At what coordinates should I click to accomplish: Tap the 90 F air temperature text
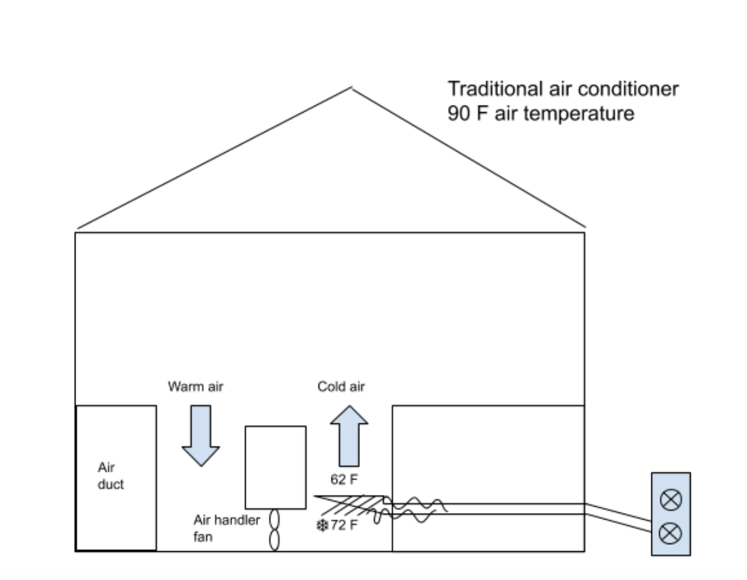pyautogui.click(x=541, y=113)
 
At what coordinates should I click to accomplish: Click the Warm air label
pyautogui.click(x=195, y=386)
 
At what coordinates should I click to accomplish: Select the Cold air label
pyautogui.click(x=341, y=386)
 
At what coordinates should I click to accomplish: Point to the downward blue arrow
pyautogui.click(x=201, y=436)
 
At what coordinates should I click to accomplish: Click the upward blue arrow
pyautogui.click(x=349, y=436)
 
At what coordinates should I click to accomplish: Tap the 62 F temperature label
pyautogui.click(x=344, y=480)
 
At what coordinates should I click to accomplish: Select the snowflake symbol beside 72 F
pyautogui.click(x=322, y=525)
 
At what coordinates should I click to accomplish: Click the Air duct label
pyautogui.click(x=110, y=476)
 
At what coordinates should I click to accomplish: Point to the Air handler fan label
pyautogui.click(x=226, y=528)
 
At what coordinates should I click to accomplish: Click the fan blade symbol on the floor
pyautogui.click(x=274, y=530)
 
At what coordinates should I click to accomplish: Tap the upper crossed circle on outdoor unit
pyautogui.click(x=671, y=500)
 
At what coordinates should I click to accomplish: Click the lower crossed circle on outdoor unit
pyautogui.click(x=671, y=533)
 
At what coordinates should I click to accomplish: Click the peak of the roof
pyautogui.click(x=351, y=89)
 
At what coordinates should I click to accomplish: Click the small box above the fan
pyautogui.click(x=275, y=467)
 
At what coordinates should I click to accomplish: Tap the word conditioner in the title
pyautogui.click(x=632, y=89)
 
